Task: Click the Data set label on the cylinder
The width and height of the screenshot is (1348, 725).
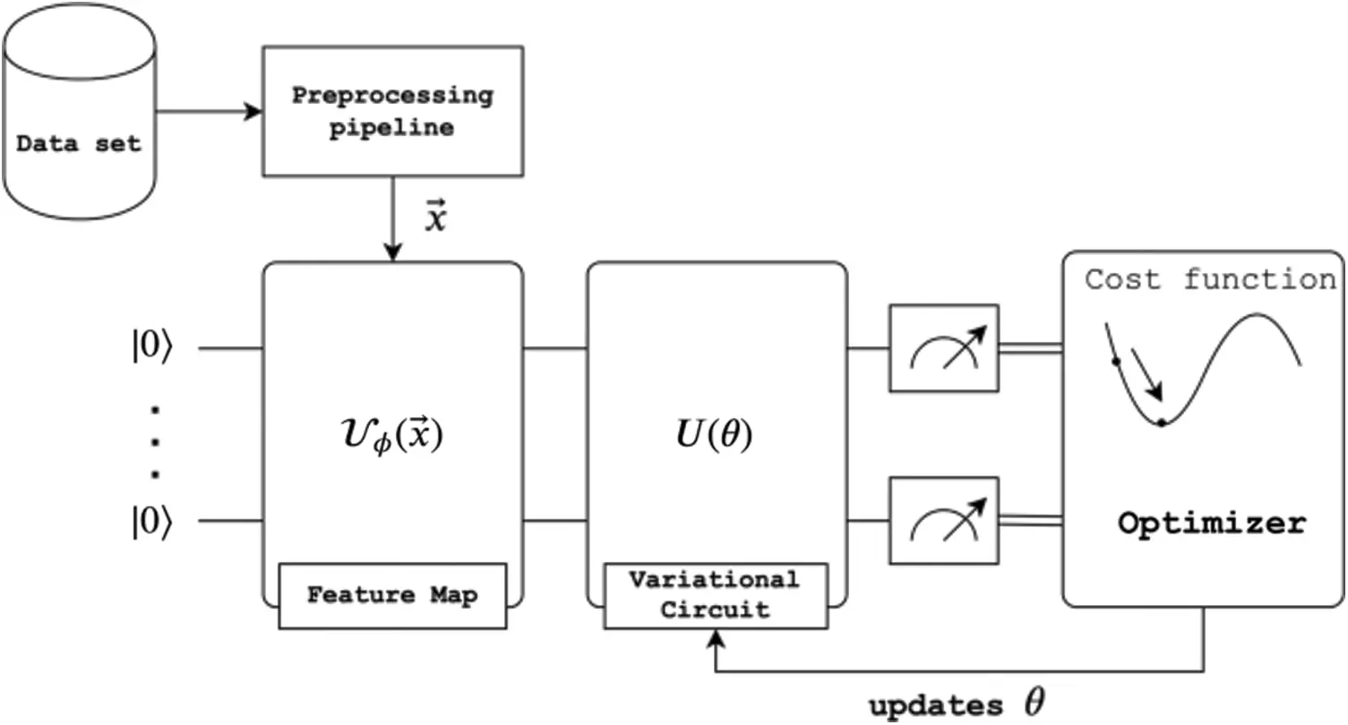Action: point(79,144)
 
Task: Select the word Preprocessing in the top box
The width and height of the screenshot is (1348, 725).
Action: point(392,96)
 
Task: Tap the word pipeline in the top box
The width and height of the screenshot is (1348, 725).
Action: point(391,128)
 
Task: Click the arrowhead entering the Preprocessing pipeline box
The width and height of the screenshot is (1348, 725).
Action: point(253,111)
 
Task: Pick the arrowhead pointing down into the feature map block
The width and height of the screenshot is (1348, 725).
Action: point(393,252)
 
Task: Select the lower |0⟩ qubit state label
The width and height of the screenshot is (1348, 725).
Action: point(152,521)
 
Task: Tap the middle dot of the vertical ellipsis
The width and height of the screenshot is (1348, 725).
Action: point(155,442)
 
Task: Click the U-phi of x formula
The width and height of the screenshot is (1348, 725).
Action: point(392,434)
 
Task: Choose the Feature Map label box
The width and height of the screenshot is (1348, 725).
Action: point(392,596)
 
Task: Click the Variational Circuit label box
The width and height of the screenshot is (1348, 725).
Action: point(716,596)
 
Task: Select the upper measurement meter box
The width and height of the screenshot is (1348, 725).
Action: point(944,349)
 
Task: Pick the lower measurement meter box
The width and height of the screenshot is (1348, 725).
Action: point(944,521)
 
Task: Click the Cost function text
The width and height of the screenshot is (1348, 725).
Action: point(1210,279)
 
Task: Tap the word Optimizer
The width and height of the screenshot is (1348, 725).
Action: point(1212,524)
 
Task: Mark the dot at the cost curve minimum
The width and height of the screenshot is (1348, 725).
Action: point(1162,422)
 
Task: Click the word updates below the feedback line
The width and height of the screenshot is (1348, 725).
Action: point(936,706)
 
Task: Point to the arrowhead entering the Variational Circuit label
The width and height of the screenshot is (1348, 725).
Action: point(716,639)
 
